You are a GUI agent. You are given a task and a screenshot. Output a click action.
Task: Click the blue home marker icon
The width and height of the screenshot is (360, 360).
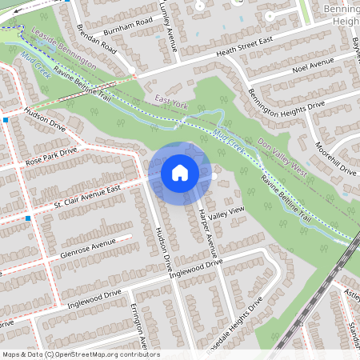[180, 172]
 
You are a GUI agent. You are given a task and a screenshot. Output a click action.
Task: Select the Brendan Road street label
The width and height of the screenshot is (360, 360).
[98, 38]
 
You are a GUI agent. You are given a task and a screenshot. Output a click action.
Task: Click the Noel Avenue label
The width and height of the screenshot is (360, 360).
[312, 64]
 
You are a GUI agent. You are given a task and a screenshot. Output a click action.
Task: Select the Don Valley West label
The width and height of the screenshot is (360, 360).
[283, 155]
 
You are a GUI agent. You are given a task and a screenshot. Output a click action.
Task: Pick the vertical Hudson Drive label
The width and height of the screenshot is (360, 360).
[162, 251]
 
